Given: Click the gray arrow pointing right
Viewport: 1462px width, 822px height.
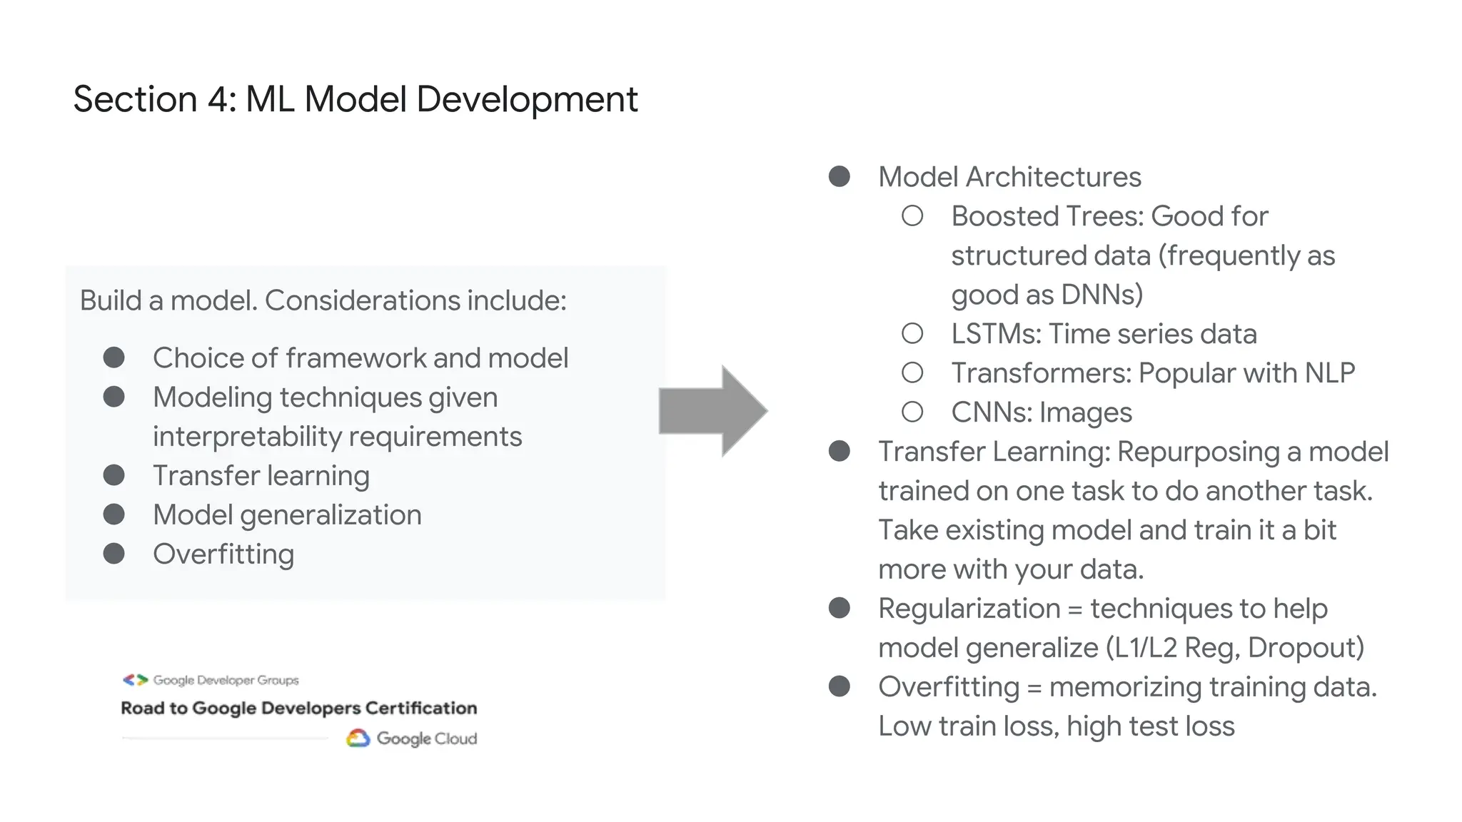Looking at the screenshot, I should tap(712, 411).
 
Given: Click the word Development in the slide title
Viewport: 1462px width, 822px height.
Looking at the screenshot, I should tap(527, 99).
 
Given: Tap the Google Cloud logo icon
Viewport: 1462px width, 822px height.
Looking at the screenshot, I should tap(358, 739).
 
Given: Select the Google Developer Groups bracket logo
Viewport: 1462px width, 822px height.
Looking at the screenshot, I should tap(135, 680).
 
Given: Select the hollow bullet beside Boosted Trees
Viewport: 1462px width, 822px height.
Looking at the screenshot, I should tap(912, 216).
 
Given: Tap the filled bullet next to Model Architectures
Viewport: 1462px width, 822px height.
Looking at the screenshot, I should tap(840, 177).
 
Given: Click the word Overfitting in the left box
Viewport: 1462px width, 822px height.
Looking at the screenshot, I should tap(223, 554).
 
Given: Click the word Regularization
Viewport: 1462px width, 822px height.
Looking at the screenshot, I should tap(969, 609).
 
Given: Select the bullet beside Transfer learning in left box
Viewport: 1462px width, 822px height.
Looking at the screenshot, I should tap(114, 476).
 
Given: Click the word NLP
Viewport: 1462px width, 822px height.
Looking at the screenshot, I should tap(1329, 373).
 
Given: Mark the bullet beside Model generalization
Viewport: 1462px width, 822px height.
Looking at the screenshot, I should tap(114, 515).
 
